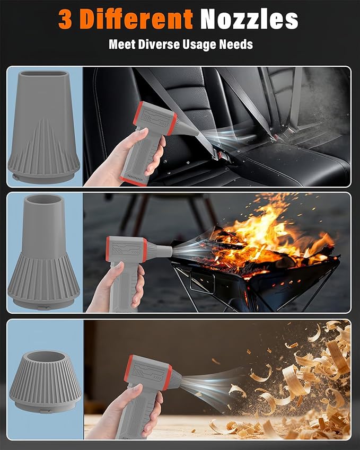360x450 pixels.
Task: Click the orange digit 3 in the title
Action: click(65, 19)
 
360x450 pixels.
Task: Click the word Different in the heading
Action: click(136, 19)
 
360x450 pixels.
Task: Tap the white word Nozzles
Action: click(249, 19)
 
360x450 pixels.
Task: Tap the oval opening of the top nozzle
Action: click(43, 74)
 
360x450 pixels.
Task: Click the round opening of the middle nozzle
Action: click(43, 199)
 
